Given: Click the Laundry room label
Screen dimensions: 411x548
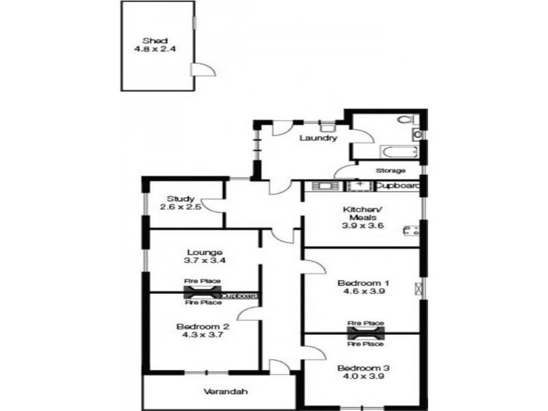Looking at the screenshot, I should (x=318, y=138).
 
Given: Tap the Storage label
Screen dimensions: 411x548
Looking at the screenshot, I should (x=390, y=171).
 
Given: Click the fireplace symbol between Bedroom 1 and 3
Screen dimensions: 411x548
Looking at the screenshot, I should (x=366, y=333).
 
